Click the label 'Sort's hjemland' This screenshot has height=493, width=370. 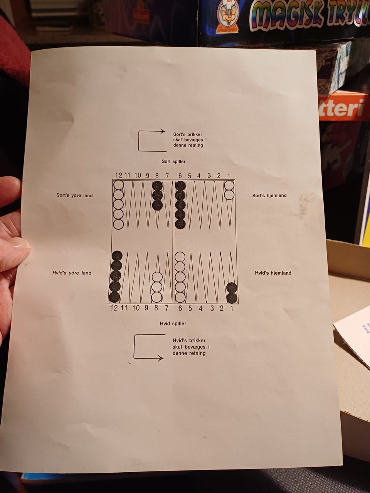269,195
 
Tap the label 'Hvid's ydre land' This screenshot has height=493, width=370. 72,273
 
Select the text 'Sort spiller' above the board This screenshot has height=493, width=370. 174,161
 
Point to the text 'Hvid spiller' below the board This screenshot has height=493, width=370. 173,324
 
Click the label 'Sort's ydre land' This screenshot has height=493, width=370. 75,195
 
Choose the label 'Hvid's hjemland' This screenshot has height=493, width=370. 273,273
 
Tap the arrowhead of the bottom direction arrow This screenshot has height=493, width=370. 161,358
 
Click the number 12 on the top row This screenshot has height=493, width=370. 118,175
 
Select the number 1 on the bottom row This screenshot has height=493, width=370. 232,309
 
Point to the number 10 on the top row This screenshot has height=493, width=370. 138,175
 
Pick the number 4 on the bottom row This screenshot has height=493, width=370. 200,309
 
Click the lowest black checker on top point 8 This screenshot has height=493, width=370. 157,205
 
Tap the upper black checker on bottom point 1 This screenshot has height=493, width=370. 232,288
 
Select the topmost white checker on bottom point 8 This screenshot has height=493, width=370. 157,277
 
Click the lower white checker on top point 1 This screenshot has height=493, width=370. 229,195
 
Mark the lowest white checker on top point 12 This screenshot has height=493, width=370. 118,224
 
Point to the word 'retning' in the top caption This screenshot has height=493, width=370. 195,145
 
